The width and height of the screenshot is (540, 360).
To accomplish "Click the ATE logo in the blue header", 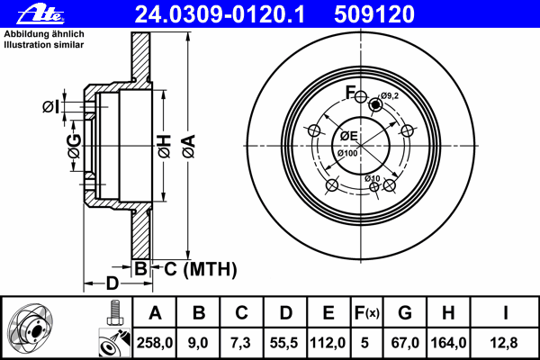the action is (x=40, y=14).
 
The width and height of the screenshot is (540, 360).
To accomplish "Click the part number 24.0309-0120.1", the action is (x=220, y=14).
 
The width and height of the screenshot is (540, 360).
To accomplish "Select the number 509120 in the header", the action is (x=374, y=14).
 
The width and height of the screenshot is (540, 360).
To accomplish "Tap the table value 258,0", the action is (x=155, y=343).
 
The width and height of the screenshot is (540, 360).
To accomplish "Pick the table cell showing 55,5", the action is (x=284, y=343).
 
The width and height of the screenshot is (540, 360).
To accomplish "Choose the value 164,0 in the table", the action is (x=449, y=343).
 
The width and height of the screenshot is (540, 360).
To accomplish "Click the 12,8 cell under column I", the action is (x=504, y=343).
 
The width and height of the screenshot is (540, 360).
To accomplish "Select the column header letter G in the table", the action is (x=405, y=313).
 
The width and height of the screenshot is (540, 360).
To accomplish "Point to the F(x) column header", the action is (x=367, y=313).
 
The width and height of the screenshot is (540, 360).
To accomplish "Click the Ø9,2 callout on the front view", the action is (x=390, y=95).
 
